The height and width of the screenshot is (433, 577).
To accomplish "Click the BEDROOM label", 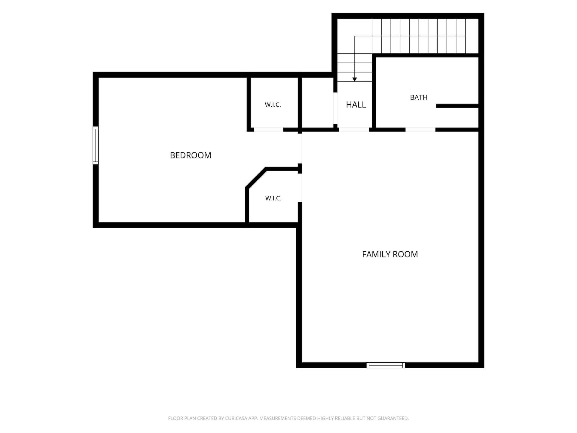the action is coord(191,155).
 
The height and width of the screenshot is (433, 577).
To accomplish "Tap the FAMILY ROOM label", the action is coord(390,254).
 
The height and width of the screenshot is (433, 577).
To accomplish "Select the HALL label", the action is coord(356,105).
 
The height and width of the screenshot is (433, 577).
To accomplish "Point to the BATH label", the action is coord(419,97).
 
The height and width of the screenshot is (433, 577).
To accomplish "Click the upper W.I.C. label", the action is coord(273,105).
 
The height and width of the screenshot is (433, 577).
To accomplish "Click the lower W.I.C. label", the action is coord(273,198).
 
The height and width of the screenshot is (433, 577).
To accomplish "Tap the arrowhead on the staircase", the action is coord(355,79).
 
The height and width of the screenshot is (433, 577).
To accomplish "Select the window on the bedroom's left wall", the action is coord(96,146).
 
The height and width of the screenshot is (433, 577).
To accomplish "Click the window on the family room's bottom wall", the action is coord(386,365).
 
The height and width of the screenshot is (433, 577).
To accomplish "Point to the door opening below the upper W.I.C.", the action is coord(269,130).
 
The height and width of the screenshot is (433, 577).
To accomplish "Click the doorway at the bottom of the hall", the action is coord(354,130).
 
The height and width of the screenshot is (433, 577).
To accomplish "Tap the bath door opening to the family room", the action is coord(420,130).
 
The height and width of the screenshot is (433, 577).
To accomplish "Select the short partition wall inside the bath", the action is coord(457,106).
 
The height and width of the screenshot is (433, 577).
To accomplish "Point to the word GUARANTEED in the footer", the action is coord(393,418).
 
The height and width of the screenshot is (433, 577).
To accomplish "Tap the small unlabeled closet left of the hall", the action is coord(317,103).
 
